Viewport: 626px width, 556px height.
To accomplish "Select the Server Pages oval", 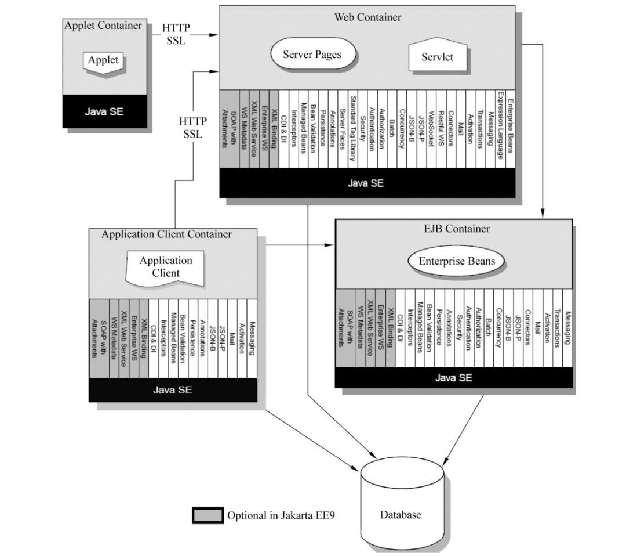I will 312,55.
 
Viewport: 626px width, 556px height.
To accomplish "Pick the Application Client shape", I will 165,267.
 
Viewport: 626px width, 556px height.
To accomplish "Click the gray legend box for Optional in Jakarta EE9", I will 208,515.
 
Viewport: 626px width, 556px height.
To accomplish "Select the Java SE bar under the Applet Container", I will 104,111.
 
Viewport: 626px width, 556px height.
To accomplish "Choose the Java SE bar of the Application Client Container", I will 173,389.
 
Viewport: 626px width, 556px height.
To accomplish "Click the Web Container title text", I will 367,17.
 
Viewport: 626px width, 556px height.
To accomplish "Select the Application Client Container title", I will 166,234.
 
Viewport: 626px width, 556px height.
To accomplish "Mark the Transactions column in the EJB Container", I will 557,328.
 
